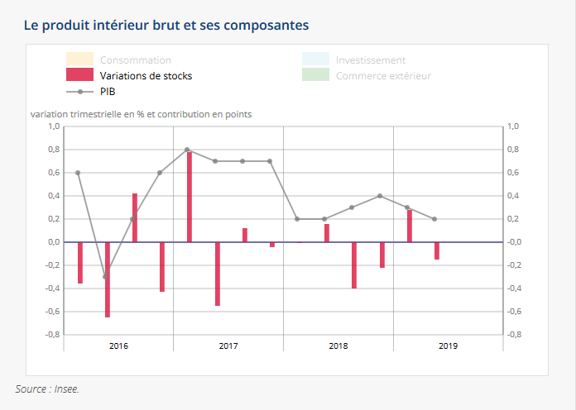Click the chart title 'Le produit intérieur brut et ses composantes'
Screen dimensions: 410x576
166,25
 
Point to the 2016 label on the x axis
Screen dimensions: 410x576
118,346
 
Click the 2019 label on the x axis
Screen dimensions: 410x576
447,346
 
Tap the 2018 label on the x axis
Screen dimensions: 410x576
338,346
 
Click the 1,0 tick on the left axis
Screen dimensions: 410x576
54,126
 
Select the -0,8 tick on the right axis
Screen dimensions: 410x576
513,335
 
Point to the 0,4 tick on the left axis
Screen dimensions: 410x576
54,196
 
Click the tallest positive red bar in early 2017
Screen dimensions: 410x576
190,197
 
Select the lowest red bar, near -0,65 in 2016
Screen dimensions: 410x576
108,279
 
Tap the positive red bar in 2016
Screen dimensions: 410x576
135,217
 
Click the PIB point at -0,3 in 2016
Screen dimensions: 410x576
105,277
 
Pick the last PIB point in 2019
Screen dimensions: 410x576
434,219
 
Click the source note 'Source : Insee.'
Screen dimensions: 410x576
47,389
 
